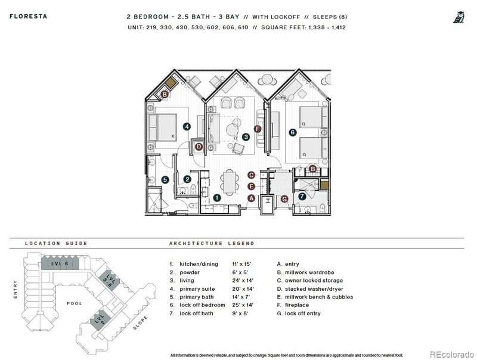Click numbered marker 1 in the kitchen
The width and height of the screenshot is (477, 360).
[217, 197]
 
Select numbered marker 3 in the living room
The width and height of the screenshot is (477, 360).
[246, 136]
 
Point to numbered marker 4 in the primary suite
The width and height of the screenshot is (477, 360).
[187, 126]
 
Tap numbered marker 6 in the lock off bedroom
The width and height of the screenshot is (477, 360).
[292, 133]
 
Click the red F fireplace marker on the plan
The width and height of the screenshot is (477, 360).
[258, 129]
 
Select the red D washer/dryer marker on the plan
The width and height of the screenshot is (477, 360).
[199, 147]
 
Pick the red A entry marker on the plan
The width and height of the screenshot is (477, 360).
[252, 198]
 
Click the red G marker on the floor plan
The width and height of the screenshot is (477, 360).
[284, 198]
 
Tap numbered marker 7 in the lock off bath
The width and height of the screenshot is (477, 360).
[302, 196]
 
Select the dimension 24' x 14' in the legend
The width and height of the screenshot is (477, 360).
[243, 280]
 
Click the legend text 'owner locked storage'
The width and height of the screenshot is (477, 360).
[315, 280]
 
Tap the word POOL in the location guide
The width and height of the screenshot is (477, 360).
[75, 303]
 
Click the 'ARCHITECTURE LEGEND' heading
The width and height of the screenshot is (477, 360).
[212, 243]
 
